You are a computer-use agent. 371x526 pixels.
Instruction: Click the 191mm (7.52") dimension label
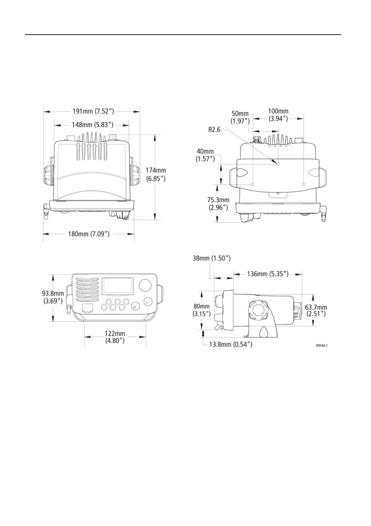point(93,111)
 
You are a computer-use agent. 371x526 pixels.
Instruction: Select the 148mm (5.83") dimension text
point(93,124)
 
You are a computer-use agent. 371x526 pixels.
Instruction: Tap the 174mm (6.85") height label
point(156,174)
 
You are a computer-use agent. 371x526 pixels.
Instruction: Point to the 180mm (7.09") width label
point(89,234)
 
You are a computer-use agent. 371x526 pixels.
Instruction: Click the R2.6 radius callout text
point(214,130)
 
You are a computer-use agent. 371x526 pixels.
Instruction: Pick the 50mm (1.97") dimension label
point(240,117)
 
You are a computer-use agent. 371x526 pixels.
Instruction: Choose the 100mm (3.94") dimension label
point(278,115)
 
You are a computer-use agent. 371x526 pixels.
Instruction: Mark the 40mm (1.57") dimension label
point(205,156)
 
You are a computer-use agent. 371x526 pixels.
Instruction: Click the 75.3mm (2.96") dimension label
point(218,203)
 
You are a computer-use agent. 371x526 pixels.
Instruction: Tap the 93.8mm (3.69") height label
point(53,297)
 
